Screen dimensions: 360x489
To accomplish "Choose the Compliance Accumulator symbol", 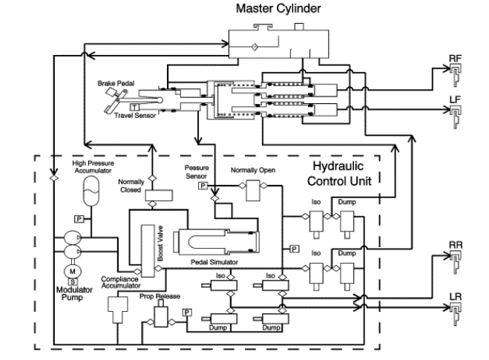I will (117, 306).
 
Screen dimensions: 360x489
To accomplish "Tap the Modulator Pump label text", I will (73, 296).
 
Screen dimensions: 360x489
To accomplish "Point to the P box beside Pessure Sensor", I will (202, 186).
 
